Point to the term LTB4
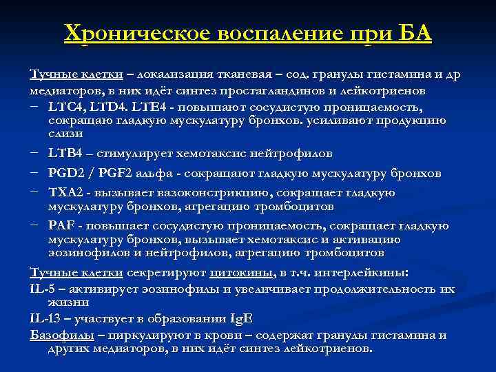coord(65,153)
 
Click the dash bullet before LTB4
coord(34,153)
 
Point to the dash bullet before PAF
coord(34,225)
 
